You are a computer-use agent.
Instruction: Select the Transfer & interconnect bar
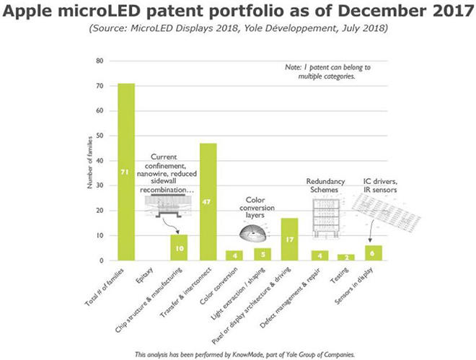click(208, 201)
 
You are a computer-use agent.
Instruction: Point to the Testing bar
click(345, 257)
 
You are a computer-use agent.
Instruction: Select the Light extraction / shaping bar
click(263, 254)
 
